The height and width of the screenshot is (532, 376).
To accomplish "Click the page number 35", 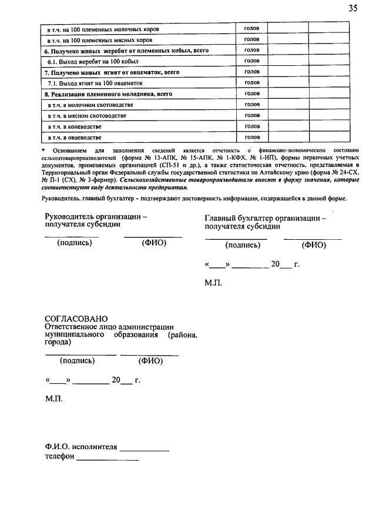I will click(x=352, y=8).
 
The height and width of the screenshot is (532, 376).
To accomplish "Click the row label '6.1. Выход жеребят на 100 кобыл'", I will click(x=88, y=61).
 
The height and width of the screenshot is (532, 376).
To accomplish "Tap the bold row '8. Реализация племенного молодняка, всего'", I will click(x=109, y=94).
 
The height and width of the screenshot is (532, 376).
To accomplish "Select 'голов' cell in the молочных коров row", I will click(x=252, y=28).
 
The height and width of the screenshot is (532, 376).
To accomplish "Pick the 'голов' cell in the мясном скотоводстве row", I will click(x=252, y=116).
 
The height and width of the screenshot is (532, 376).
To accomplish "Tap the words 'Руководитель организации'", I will click(x=93, y=217).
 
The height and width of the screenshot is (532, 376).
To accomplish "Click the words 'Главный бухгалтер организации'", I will click(x=261, y=218).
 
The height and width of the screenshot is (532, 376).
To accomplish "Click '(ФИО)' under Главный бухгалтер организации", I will click(x=313, y=245).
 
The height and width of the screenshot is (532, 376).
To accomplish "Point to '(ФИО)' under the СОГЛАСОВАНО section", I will click(x=150, y=361).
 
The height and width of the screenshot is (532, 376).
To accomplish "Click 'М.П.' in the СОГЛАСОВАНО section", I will click(x=55, y=399).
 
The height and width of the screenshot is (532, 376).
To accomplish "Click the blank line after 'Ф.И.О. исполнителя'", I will click(x=144, y=450).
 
